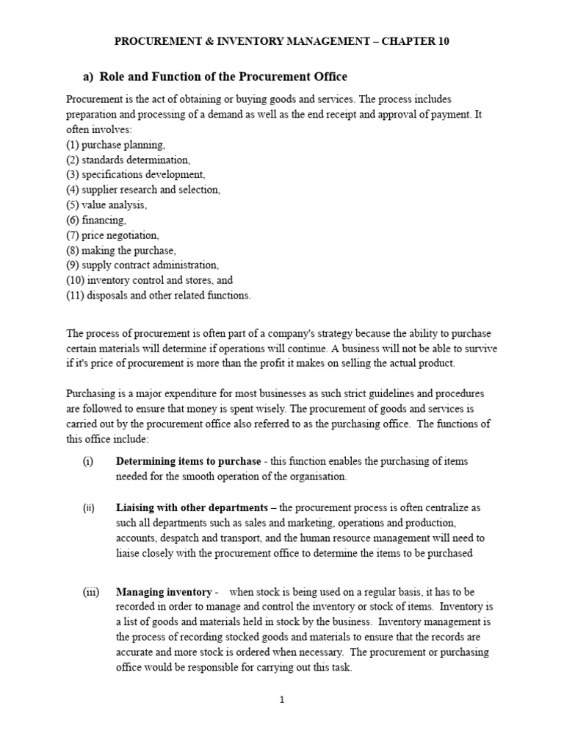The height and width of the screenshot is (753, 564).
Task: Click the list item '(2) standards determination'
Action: click(129, 160)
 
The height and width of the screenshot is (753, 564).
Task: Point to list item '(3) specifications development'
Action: click(136, 175)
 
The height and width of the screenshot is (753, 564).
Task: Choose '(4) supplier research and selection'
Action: click(143, 190)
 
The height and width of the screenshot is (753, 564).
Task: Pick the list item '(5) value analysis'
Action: click(106, 205)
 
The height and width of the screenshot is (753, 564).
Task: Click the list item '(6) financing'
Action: click(96, 220)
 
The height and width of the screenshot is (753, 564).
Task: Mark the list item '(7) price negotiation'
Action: click(112, 235)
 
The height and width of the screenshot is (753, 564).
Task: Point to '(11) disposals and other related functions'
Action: click(159, 296)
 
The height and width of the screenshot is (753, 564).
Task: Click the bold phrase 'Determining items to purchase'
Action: click(188, 461)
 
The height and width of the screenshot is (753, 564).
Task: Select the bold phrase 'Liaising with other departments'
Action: click(192, 508)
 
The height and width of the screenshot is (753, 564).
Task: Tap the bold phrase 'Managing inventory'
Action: click(162, 592)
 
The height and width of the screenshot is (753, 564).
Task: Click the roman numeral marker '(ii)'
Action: click(88, 508)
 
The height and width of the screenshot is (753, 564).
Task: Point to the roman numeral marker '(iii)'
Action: click(90, 592)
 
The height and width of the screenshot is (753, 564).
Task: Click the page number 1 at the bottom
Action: click(281, 700)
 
